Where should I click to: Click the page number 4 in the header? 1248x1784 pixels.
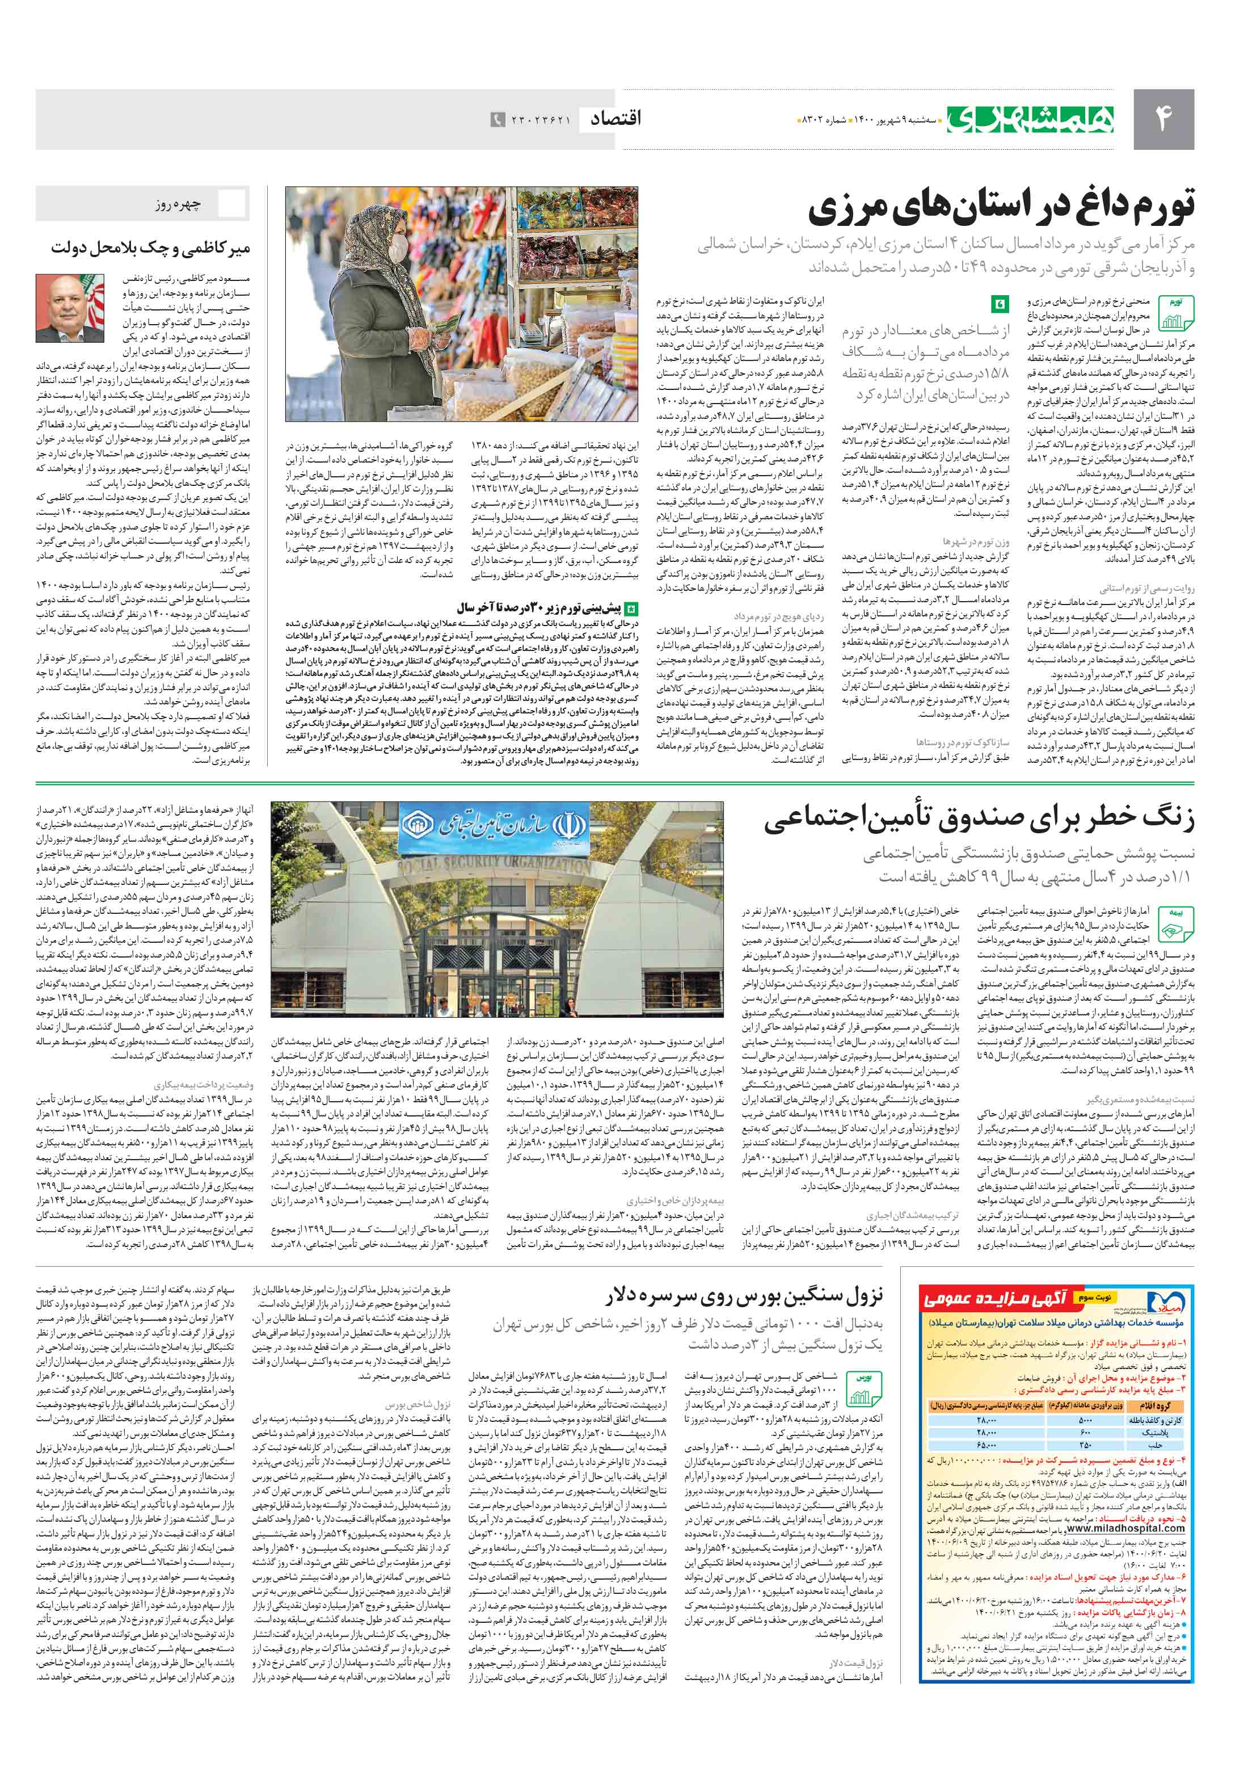coord(1162,119)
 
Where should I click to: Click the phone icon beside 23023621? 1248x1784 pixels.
coord(496,120)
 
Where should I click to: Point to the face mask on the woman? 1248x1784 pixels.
coord(398,248)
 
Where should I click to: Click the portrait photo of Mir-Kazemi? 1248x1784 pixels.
coord(70,308)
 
